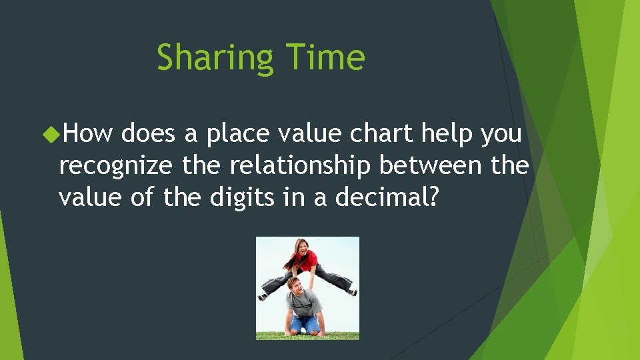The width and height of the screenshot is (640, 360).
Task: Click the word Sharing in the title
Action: tap(214, 57)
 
